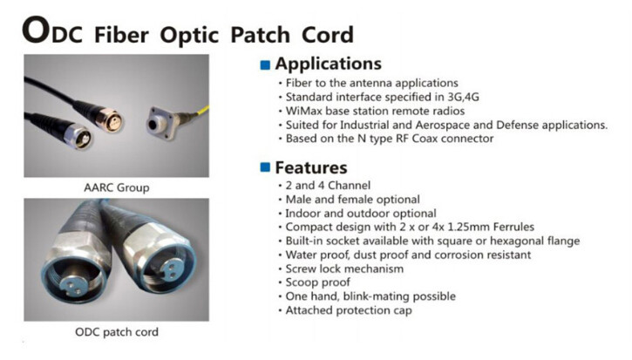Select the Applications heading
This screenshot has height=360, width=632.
point(328,64)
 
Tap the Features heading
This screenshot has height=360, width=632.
point(311,167)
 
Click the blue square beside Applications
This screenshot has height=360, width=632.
point(265,65)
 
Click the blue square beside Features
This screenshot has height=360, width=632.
point(265,168)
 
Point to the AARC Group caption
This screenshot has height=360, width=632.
point(115,187)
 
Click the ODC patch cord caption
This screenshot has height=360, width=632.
point(115,332)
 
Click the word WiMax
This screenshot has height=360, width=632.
point(301,111)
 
